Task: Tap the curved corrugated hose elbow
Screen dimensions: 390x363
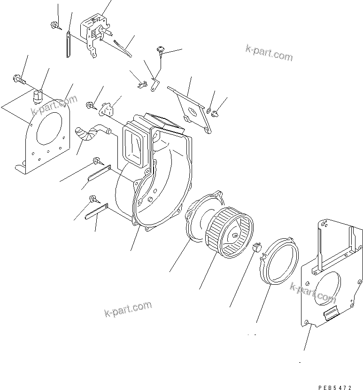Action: pos(89,131)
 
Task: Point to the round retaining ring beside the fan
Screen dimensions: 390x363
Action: pos(280,266)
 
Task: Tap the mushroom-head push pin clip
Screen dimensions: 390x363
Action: pos(161,50)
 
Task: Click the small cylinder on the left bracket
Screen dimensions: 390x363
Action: pos(37,97)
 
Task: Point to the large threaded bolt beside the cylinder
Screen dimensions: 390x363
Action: pos(20,80)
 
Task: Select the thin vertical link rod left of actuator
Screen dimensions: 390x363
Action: pos(68,44)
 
